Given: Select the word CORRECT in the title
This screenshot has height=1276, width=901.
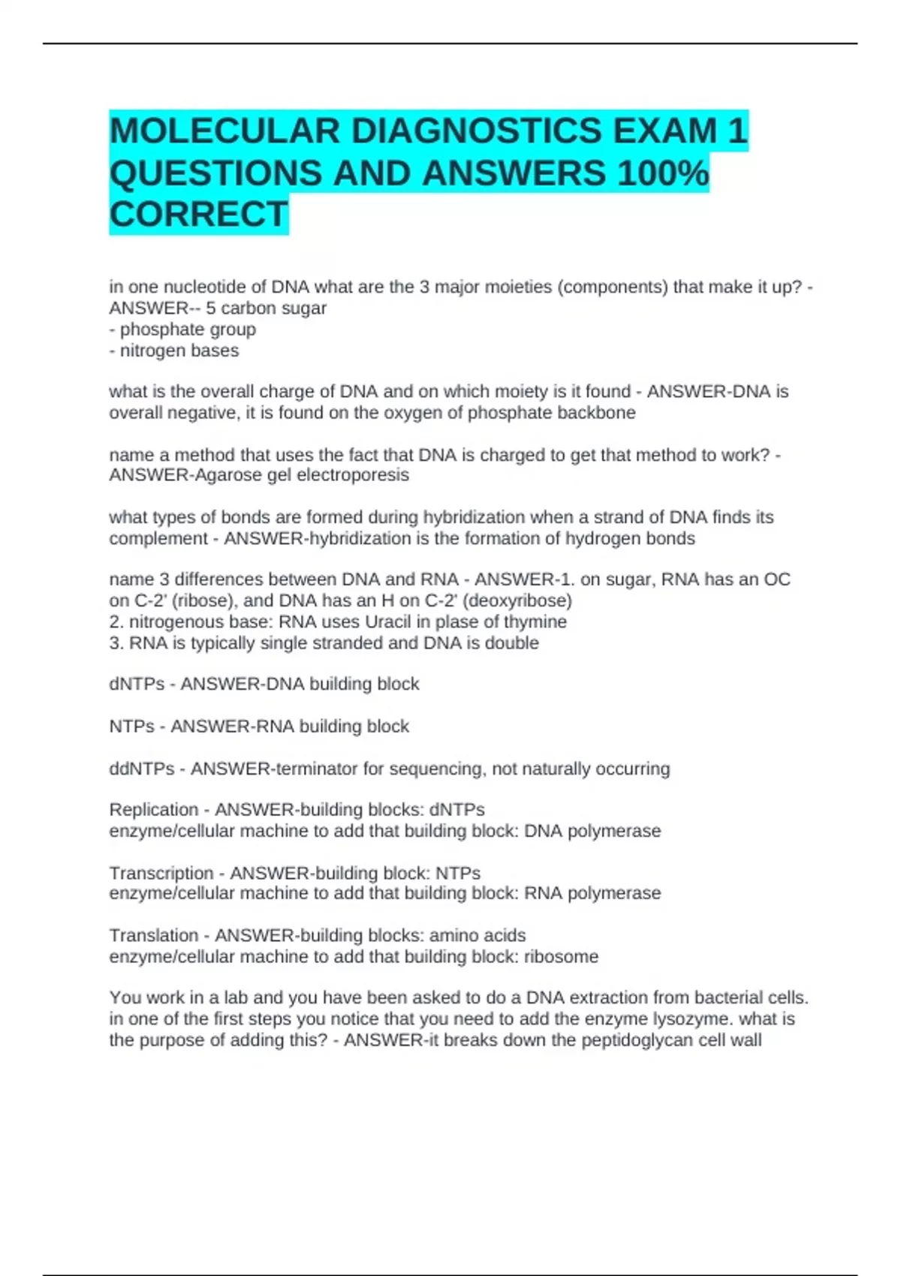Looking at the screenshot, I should (199, 215).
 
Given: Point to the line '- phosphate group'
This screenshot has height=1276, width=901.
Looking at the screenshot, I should (182, 330).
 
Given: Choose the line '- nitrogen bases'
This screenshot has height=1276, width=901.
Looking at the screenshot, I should (174, 351).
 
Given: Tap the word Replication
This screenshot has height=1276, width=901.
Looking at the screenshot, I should (154, 810).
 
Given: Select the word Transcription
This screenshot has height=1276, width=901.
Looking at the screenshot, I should (161, 874).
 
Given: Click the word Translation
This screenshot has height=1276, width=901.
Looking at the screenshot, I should (154, 936).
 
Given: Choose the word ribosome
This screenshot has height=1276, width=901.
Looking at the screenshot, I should (561, 957).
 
